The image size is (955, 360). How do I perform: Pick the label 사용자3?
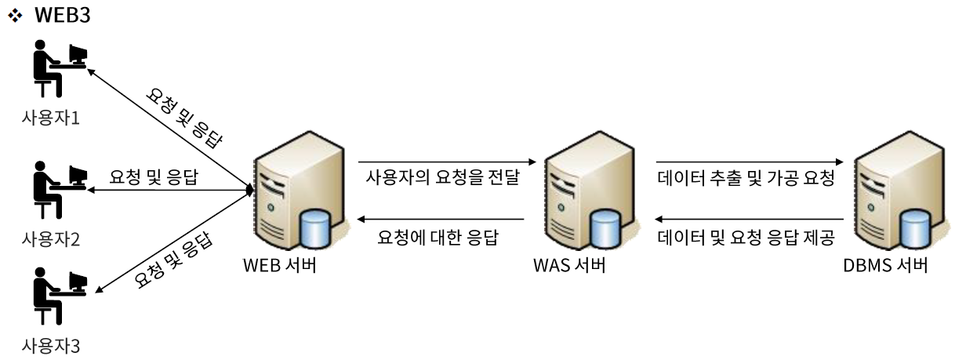(x=51, y=344)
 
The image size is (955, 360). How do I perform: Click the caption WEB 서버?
(x=280, y=265)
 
